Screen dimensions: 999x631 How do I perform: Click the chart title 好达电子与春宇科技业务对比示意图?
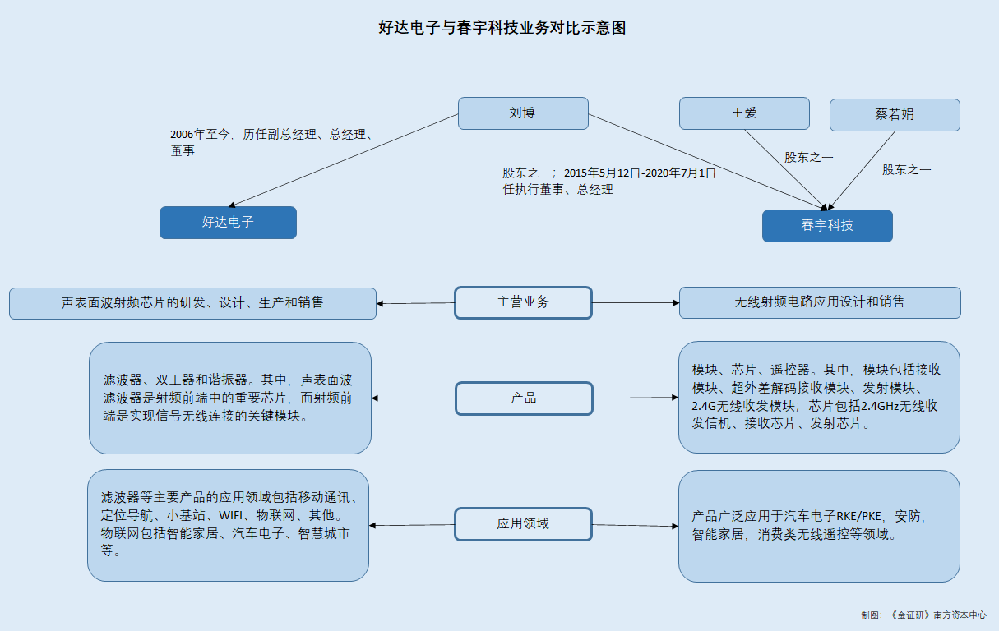click(x=502, y=28)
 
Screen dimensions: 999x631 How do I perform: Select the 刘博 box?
click(x=523, y=113)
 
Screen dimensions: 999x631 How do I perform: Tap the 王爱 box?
click(x=744, y=113)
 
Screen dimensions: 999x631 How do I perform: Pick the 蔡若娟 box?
click(x=895, y=115)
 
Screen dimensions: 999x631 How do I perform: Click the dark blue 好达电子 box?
click(x=228, y=223)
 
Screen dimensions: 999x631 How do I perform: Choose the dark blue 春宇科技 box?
click(x=827, y=226)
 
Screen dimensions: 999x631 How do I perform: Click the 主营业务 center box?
click(x=523, y=302)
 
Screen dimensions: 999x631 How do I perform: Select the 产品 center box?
click(x=524, y=398)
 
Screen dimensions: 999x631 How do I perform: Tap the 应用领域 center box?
click(x=523, y=524)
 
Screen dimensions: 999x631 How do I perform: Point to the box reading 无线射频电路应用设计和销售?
click(x=820, y=302)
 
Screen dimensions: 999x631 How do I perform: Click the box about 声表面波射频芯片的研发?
click(x=192, y=303)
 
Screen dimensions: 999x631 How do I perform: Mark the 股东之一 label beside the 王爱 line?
click(x=808, y=157)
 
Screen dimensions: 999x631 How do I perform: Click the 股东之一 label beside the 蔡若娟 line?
click(x=906, y=170)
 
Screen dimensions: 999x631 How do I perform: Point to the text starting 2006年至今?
click(x=271, y=142)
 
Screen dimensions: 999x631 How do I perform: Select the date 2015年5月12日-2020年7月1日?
click(x=640, y=173)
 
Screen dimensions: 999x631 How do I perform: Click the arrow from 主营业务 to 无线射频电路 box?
click(x=636, y=303)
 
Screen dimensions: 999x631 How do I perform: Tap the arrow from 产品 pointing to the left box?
click(x=414, y=398)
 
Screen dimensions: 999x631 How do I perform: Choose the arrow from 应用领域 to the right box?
click(x=636, y=525)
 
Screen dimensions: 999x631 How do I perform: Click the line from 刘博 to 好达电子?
click(x=344, y=160)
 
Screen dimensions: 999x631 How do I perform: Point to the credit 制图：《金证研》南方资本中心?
click(x=923, y=615)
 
